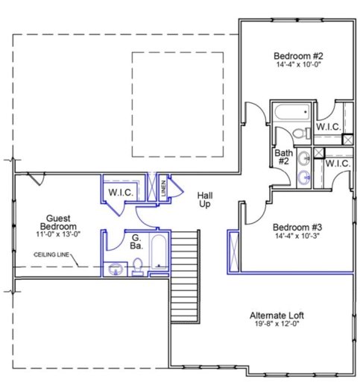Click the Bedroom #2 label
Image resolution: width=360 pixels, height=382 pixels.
point(297,55)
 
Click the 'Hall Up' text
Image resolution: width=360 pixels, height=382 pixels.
point(205,199)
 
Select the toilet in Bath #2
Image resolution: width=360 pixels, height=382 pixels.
point(300,134)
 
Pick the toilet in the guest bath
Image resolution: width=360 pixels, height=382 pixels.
point(139,266)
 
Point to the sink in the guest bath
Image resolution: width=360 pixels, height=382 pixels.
point(116,269)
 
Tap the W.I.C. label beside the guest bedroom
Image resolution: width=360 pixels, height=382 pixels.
point(121,193)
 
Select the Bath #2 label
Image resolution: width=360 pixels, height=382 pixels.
point(283,157)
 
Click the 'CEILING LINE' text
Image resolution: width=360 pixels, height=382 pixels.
point(53,254)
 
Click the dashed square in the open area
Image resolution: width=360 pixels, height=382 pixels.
point(177,104)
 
